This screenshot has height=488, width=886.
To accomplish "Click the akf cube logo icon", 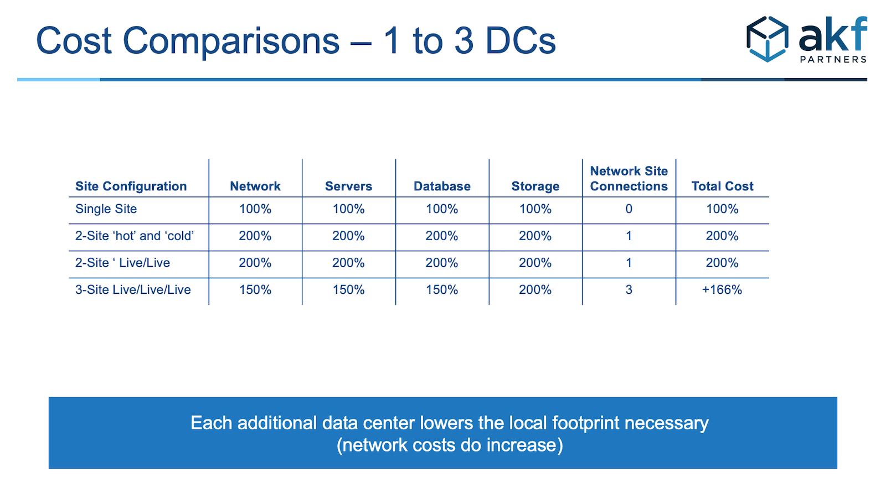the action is tap(767, 39).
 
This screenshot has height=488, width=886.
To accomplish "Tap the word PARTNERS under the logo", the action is tap(833, 59).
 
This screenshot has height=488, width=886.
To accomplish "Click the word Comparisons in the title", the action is tap(231, 41).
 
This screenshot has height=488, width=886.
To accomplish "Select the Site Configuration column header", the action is tap(131, 186).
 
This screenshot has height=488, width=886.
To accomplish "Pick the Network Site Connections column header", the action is tap(629, 179).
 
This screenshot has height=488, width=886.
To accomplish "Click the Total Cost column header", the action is tap(722, 186).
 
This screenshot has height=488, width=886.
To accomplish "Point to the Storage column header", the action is tap(535, 186).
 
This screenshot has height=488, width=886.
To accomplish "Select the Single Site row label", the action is tap(106, 209).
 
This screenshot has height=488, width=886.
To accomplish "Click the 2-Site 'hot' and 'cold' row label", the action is tap(135, 236).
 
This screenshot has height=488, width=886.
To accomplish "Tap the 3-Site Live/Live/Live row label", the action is tap(133, 289).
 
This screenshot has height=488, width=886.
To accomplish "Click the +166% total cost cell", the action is tap(722, 289).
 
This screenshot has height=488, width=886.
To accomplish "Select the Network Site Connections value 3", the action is tap(629, 289).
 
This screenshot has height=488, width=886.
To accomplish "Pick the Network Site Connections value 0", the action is tap(629, 209).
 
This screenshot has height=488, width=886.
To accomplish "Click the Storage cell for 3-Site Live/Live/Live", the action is tap(535, 289).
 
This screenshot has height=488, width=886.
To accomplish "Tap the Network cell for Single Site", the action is tap(255, 209).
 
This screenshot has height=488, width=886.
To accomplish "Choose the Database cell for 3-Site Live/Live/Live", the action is tap(442, 289).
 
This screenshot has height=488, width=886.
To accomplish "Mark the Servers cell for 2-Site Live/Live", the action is tap(348, 263).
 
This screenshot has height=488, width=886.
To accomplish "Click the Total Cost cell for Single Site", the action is tap(722, 209).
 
